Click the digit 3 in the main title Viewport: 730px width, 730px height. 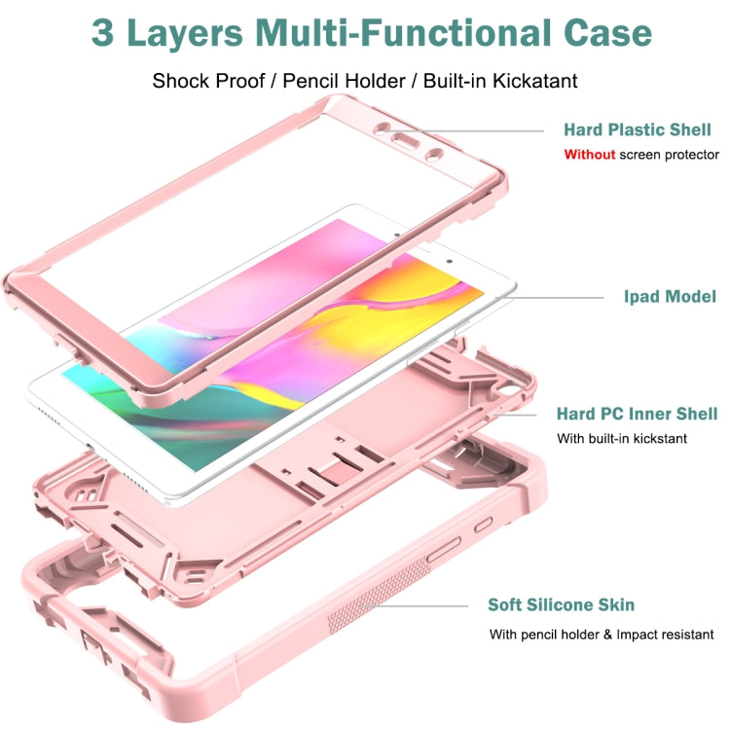[x=102, y=32]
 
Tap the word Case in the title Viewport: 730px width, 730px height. [x=607, y=32]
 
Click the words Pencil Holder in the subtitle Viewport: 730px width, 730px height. [x=344, y=81]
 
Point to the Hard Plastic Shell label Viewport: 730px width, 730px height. [x=638, y=129]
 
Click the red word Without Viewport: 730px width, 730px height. [x=590, y=155]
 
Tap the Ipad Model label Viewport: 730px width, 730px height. [x=670, y=297]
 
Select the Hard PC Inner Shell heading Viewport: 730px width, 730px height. [x=637, y=414]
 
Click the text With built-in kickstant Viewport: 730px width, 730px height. [x=622, y=439]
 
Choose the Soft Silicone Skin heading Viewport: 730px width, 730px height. [x=561, y=604]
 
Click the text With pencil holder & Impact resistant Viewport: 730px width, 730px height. [x=602, y=635]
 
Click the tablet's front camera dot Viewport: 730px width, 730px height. [x=450, y=261]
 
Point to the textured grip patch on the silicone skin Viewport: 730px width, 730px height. [x=377, y=594]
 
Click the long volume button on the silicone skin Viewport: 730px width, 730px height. [x=444, y=549]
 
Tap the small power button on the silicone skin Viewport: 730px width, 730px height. [x=483, y=525]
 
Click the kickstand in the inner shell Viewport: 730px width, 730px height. [x=334, y=470]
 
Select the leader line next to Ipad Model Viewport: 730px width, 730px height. [x=550, y=298]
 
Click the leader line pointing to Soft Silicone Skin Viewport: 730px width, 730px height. [x=415, y=606]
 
